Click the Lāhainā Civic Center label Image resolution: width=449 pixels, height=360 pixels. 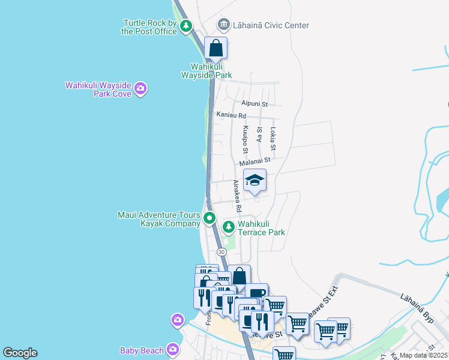272,25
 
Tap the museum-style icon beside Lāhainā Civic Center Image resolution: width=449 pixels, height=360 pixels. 224,25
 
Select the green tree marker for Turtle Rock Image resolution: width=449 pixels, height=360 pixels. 187,25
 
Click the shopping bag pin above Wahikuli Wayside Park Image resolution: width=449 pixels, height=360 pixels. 215,47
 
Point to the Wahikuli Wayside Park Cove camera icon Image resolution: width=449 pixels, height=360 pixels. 140,89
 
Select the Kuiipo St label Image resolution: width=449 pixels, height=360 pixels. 245,139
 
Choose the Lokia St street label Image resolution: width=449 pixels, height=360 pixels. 273,139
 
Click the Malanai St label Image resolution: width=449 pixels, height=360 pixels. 255,161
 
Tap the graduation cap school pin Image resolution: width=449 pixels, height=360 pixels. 255,181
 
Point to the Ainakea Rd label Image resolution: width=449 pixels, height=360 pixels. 237,196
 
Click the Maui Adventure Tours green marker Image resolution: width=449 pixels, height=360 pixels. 209,218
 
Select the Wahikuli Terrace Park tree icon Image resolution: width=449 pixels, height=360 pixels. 228,227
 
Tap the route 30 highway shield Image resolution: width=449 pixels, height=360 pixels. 221,252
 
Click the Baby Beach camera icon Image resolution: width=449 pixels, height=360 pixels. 173,349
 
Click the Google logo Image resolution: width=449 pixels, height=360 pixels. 20,353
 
